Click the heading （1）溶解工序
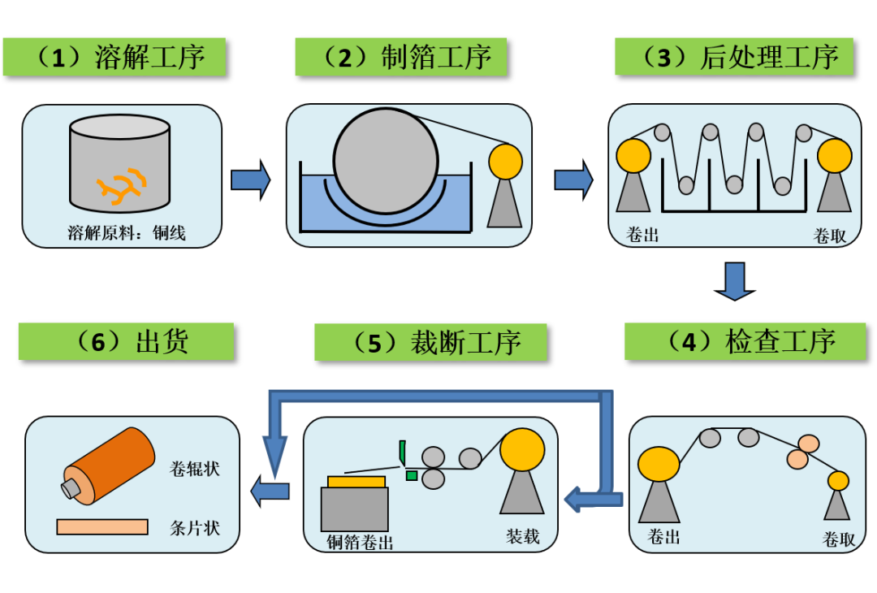click(114, 57)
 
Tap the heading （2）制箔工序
click(400, 57)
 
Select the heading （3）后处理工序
click(733, 57)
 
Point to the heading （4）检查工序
click(745, 342)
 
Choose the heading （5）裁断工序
click(430, 342)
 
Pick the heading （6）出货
click(126, 341)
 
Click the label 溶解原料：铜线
click(126, 234)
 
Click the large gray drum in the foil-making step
click(386, 161)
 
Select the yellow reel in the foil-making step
click(505, 161)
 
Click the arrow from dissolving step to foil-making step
click(250, 180)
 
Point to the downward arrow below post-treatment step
click(735, 280)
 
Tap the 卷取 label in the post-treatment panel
click(830, 236)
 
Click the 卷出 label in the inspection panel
click(663, 536)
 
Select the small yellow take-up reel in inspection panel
click(838, 481)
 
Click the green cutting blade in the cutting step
click(402, 452)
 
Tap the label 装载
click(523, 536)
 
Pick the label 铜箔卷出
click(360, 542)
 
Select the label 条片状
click(195, 527)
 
